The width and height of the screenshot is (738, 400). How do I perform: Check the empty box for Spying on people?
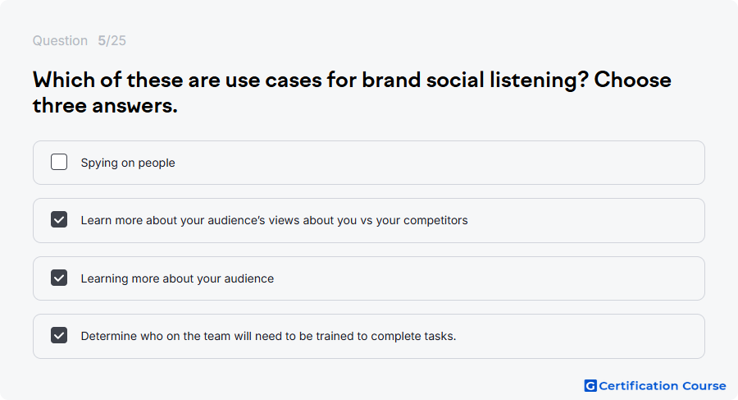pyautogui.click(x=59, y=162)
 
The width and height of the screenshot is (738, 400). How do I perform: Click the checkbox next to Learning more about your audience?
pyautogui.click(x=59, y=278)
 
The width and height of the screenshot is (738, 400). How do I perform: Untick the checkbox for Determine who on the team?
pyautogui.click(x=59, y=335)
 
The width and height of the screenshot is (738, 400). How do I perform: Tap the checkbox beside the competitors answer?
pyautogui.click(x=59, y=219)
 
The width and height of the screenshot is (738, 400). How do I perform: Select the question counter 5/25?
pyautogui.click(x=112, y=40)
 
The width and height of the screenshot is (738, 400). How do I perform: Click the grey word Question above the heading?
pyautogui.click(x=60, y=40)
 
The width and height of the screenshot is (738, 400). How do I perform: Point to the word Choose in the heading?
pyautogui.click(x=632, y=80)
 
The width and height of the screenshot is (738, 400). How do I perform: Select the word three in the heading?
pyautogui.click(x=59, y=105)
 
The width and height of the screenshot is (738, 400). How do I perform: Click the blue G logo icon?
pyautogui.click(x=590, y=386)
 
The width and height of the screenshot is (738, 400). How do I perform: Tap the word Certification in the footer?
pyautogui.click(x=638, y=386)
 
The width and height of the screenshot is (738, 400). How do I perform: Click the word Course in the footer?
pyautogui.click(x=704, y=386)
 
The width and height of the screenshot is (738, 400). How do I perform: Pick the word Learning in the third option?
pyautogui.click(x=104, y=278)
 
